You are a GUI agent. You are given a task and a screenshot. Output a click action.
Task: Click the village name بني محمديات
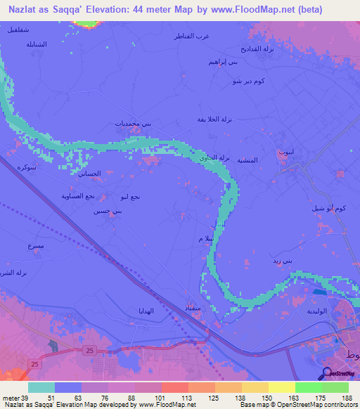pos(134,124)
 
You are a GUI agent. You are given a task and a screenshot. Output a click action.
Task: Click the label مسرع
pos(35,247)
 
